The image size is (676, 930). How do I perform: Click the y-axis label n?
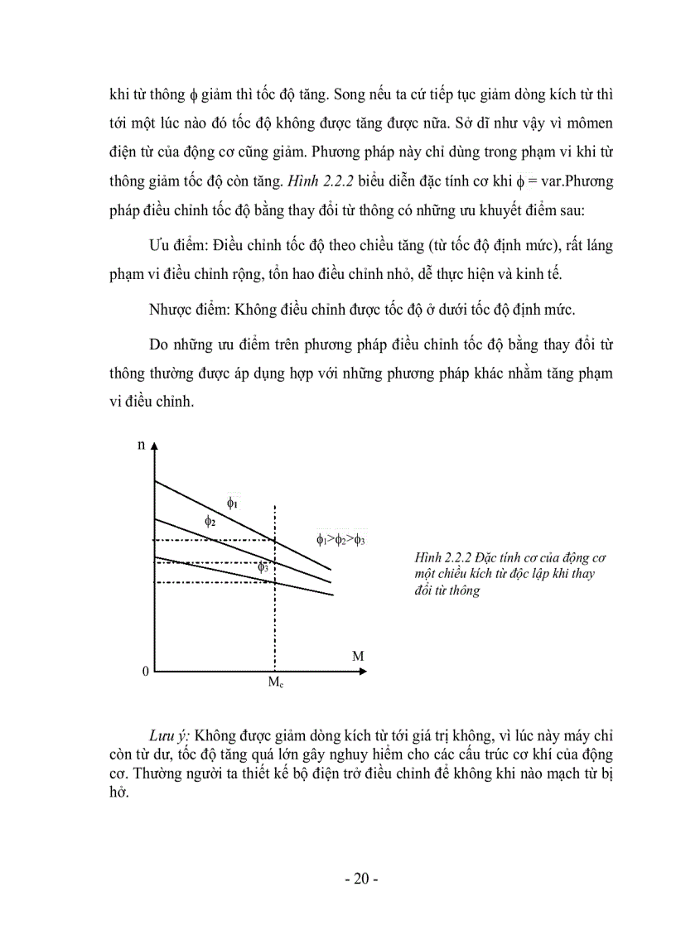pyautogui.click(x=141, y=445)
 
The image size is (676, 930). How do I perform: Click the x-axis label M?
pyautogui.click(x=358, y=656)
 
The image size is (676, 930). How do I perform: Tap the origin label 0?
pyautogui.click(x=145, y=672)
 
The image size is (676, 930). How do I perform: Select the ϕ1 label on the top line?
pyautogui.click(x=233, y=502)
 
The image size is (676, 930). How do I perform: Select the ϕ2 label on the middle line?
pyautogui.click(x=210, y=521)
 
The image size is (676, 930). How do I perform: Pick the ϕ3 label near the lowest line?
pyautogui.click(x=263, y=567)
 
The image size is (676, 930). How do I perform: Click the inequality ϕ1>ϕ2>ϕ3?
pyautogui.click(x=340, y=539)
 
